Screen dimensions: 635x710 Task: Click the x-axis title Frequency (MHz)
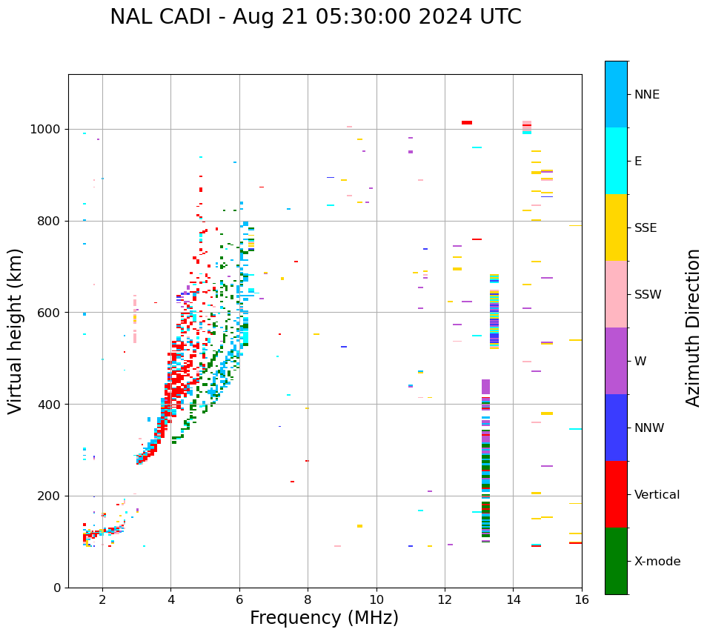tap(324, 618)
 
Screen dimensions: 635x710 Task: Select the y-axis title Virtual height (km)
tap(16, 331)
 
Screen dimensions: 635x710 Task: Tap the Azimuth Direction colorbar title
tap(693, 328)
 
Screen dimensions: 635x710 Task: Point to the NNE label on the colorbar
tap(646, 95)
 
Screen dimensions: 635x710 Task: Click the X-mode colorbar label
tap(657, 562)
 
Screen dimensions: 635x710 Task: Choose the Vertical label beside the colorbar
tap(657, 495)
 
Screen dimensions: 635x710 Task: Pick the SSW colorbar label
tap(648, 295)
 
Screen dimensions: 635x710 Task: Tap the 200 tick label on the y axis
tap(50, 496)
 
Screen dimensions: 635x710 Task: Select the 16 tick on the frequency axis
tap(582, 599)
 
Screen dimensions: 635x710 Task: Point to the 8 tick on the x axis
tap(308, 599)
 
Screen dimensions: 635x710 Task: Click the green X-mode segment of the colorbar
tap(616, 561)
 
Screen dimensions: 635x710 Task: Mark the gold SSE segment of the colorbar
tap(616, 227)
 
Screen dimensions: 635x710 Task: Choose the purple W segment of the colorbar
tap(616, 361)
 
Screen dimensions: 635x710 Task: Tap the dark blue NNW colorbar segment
tap(616, 428)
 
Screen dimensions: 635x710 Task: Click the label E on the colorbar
tap(638, 162)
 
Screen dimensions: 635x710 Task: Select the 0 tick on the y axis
tap(58, 588)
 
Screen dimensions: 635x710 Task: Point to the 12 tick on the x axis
tap(445, 599)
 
